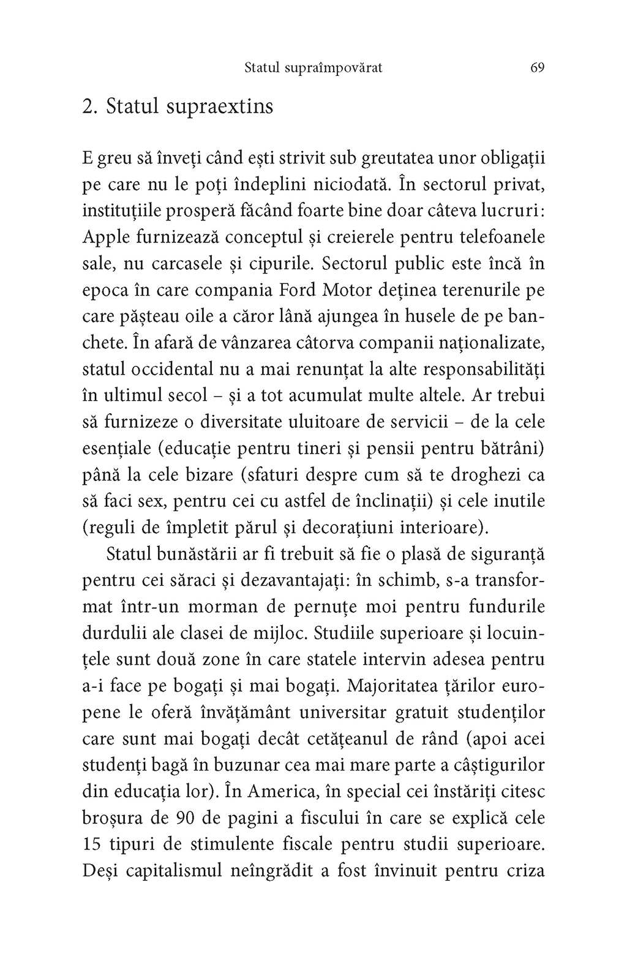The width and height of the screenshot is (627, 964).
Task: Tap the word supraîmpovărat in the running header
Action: click(334, 69)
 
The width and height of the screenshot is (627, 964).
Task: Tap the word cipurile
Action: click(282, 263)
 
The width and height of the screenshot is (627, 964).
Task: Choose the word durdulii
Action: click(113, 633)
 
